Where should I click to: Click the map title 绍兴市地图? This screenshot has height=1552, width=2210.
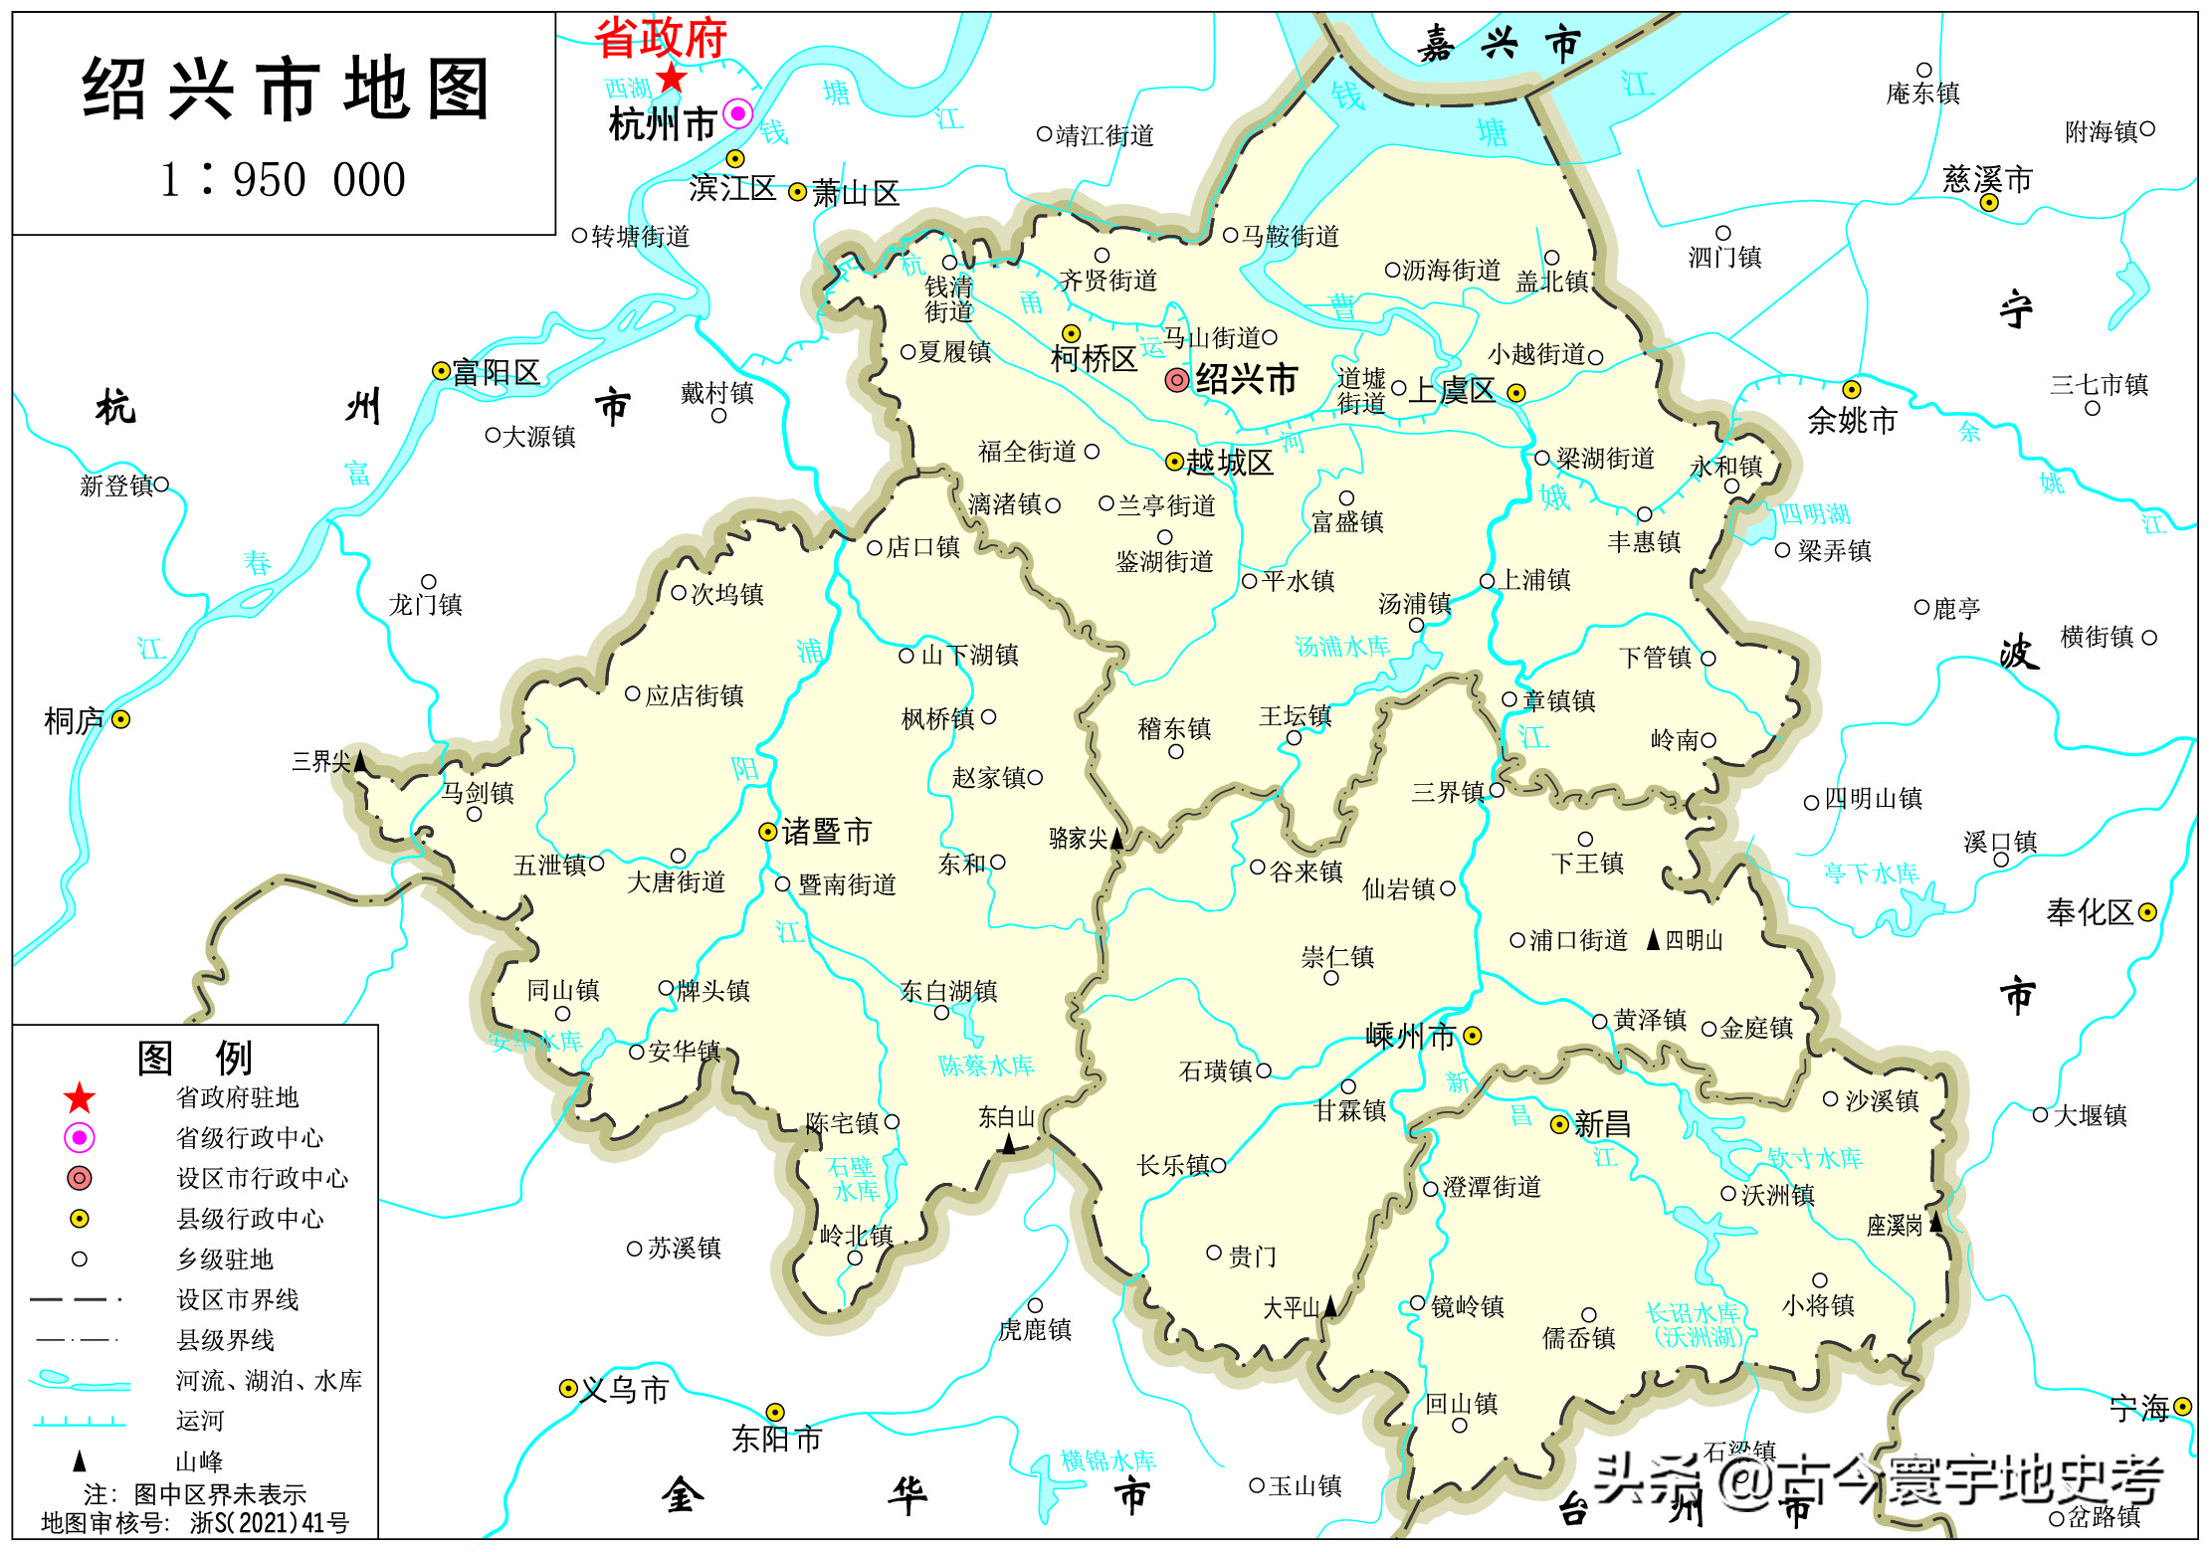(285, 90)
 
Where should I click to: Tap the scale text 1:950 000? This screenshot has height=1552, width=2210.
(284, 180)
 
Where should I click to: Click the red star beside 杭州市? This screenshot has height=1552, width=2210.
(672, 77)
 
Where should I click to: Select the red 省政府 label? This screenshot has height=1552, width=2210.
(661, 39)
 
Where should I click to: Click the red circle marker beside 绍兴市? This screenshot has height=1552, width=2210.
(1176, 379)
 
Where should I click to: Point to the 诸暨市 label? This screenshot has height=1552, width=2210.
(826, 832)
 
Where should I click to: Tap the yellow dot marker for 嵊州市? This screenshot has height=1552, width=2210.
(1473, 1036)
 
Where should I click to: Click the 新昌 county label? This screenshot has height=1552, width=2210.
(1602, 1124)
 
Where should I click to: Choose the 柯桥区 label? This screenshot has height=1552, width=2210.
(1094, 359)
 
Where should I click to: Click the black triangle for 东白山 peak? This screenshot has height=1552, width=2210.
(1008, 1144)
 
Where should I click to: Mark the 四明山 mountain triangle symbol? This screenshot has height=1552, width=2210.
(1653, 939)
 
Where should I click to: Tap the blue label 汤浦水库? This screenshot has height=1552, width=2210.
(1341, 647)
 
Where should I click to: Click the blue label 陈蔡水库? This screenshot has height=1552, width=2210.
(986, 1066)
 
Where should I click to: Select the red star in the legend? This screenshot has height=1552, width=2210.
(80, 1098)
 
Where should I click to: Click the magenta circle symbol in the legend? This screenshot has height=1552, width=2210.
(80, 1137)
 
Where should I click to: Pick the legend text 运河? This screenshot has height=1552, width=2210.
(200, 1421)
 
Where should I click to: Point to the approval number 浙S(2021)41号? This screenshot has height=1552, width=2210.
(270, 1522)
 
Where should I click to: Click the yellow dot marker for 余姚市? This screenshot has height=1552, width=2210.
(1851, 389)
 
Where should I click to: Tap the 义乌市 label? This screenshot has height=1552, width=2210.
(624, 1389)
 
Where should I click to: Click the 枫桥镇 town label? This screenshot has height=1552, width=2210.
(937, 718)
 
